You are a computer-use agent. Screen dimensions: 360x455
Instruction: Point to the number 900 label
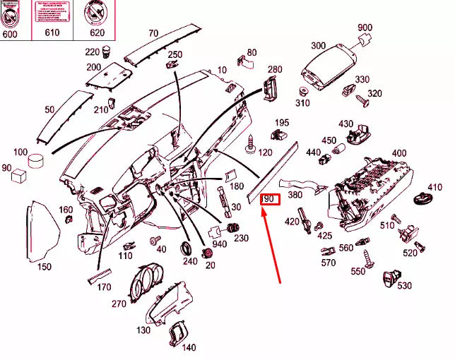pyautogui.click(x=365, y=28)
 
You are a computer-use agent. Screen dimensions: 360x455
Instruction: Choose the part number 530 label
pyautogui.click(x=404, y=285)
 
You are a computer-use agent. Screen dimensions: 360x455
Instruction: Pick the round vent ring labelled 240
pyautogui.click(x=187, y=248)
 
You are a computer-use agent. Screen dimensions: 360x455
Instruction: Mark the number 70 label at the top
pyautogui.click(x=153, y=33)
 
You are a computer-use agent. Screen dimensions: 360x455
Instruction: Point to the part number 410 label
pyautogui.click(x=435, y=186)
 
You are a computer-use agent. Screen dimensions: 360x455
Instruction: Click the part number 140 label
pyautogui.click(x=189, y=347)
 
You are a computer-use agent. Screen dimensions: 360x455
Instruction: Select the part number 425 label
pyautogui.click(x=325, y=235)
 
